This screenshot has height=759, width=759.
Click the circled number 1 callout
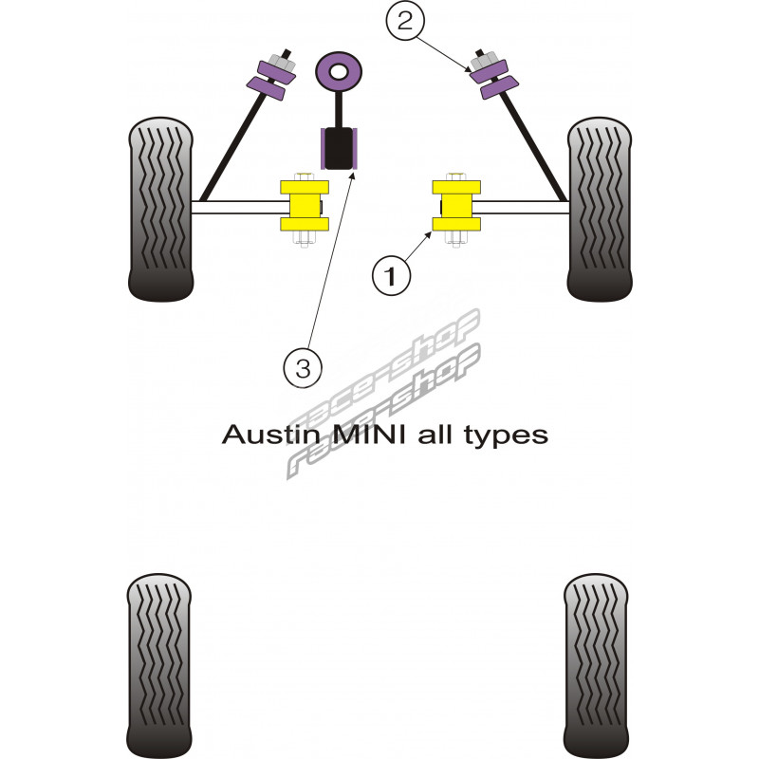390,276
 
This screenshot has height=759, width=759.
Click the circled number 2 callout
405,22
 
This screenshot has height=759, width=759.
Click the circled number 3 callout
303,365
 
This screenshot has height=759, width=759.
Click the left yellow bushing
303,206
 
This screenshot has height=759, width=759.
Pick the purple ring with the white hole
339,70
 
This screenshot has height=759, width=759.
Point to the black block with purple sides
339,148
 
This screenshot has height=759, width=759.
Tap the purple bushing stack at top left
271,76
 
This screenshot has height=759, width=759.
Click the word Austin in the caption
261,435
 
